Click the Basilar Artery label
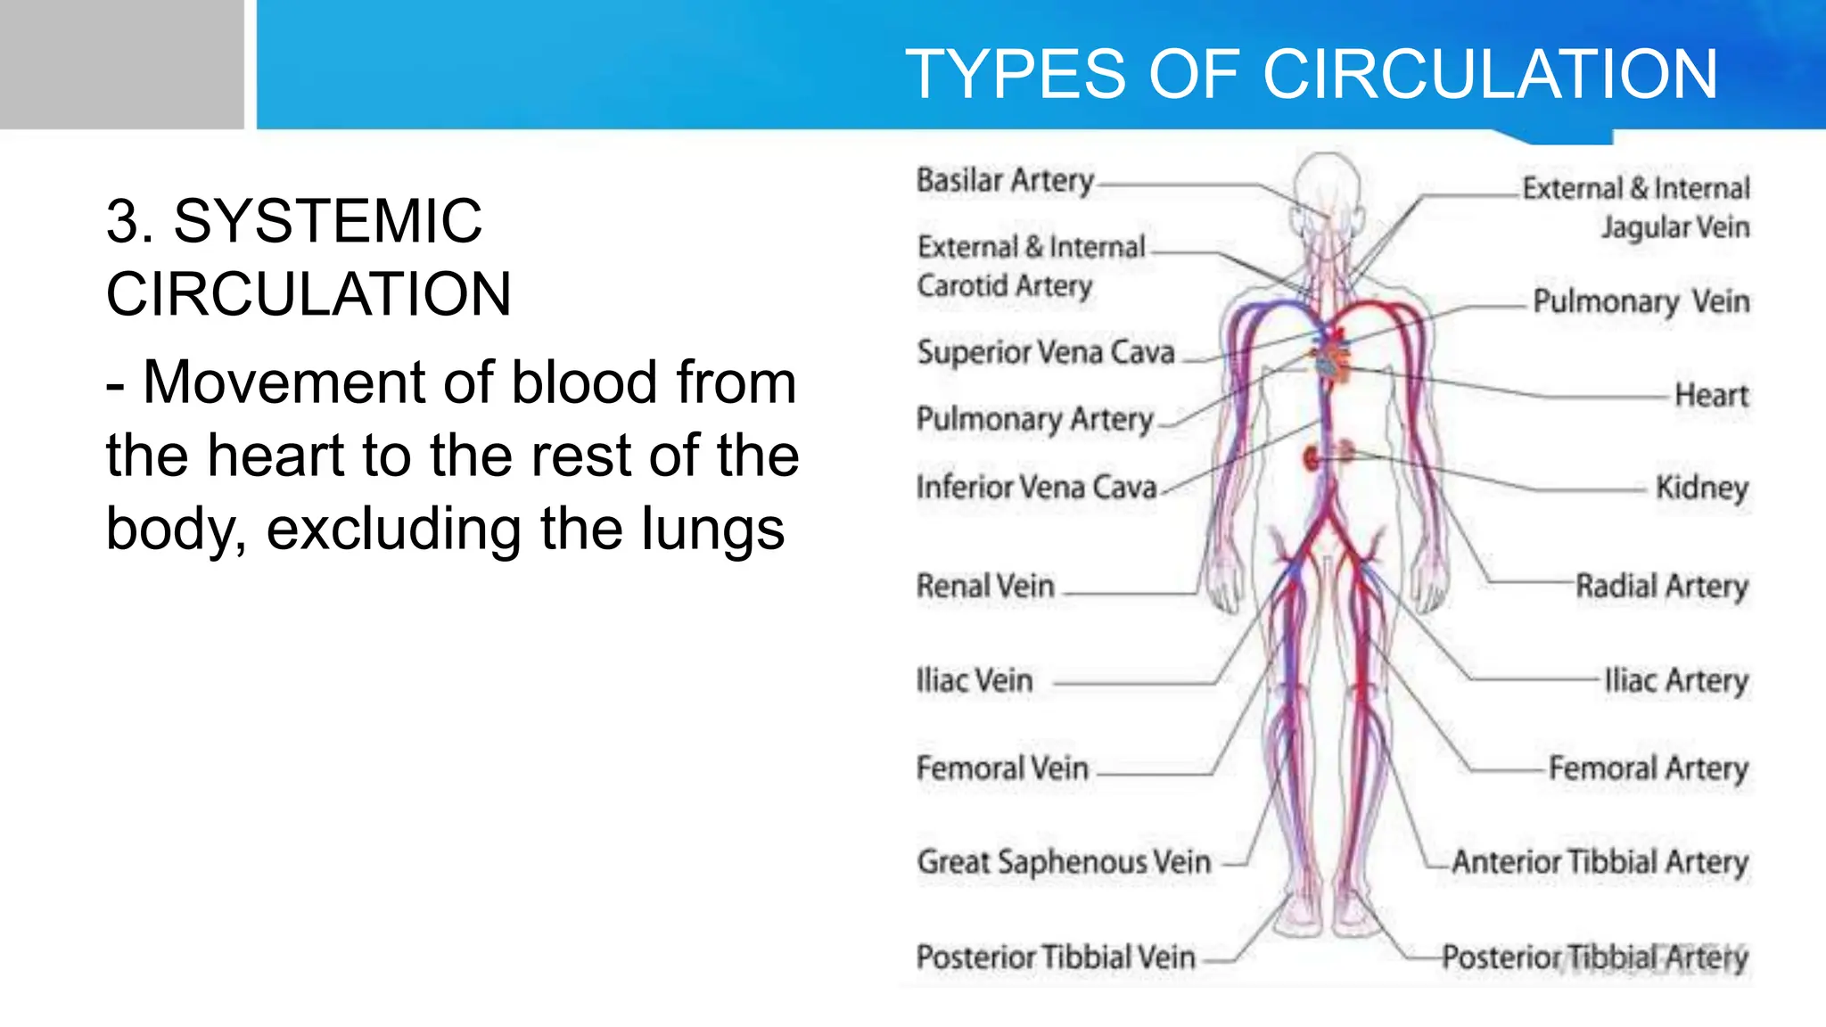pyautogui.click(x=1005, y=180)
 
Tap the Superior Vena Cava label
pyautogui.click(x=1046, y=352)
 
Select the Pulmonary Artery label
pyautogui.click(x=1034, y=419)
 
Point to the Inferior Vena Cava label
pyautogui.click(x=1036, y=488)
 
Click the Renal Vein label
pyautogui.click(x=985, y=587)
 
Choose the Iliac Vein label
pyautogui.click(x=975, y=681)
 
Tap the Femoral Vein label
pyautogui.click(x=1002, y=768)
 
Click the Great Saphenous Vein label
pyautogui.click(x=1064, y=862)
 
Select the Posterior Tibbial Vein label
pyautogui.click(x=1056, y=957)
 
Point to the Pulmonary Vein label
pyautogui.click(x=1641, y=302)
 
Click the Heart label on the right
pyautogui.click(x=1711, y=395)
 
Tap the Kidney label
pyautogui.click(x=1701, y=489)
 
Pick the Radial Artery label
pyautogui.click(x=1662, y=587)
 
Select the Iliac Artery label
pyautogui.click(x=1676, y=681)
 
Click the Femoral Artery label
pyautogui.click(x=1648, y=768)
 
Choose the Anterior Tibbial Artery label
pyautogui.click(x=1600, y=862)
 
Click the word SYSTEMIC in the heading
pyautogui.click(x=327, y=221)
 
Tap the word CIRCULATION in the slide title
pyautogui.click(x=1490, y=74)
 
